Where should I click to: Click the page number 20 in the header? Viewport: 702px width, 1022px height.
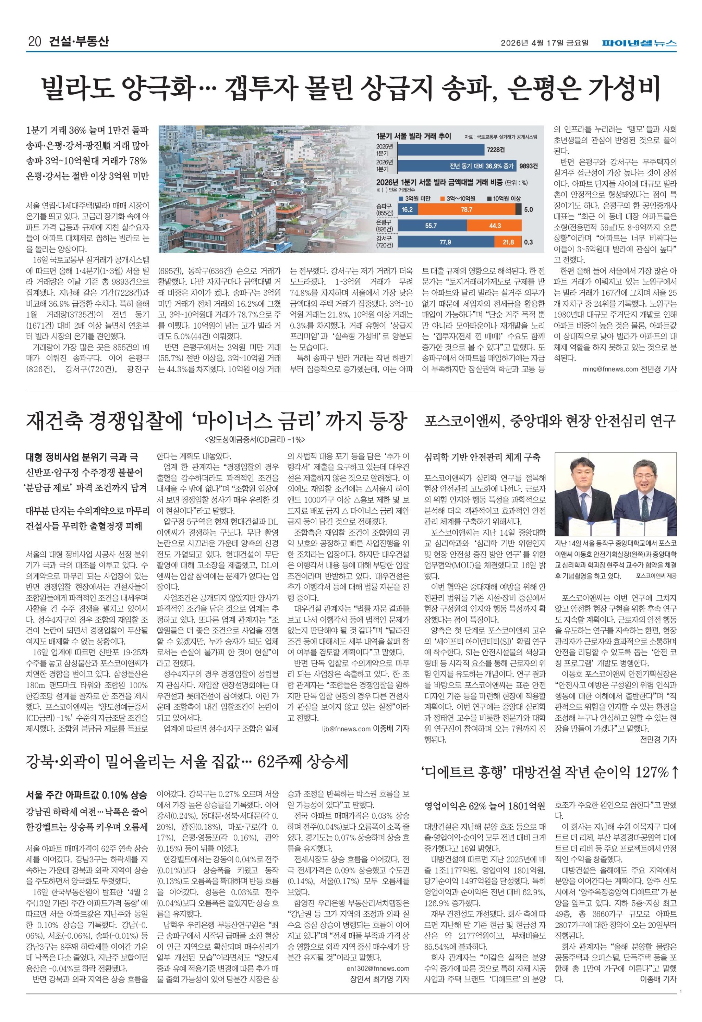coord(34,42)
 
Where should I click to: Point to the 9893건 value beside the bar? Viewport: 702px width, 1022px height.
coord(528,166)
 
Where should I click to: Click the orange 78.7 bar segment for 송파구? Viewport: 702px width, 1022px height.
coord(466,210)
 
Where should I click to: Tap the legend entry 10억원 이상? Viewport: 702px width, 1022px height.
coord(506,199)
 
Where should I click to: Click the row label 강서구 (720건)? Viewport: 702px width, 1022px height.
coord(385,242)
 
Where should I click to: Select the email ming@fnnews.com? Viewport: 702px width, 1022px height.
coord(610,369)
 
